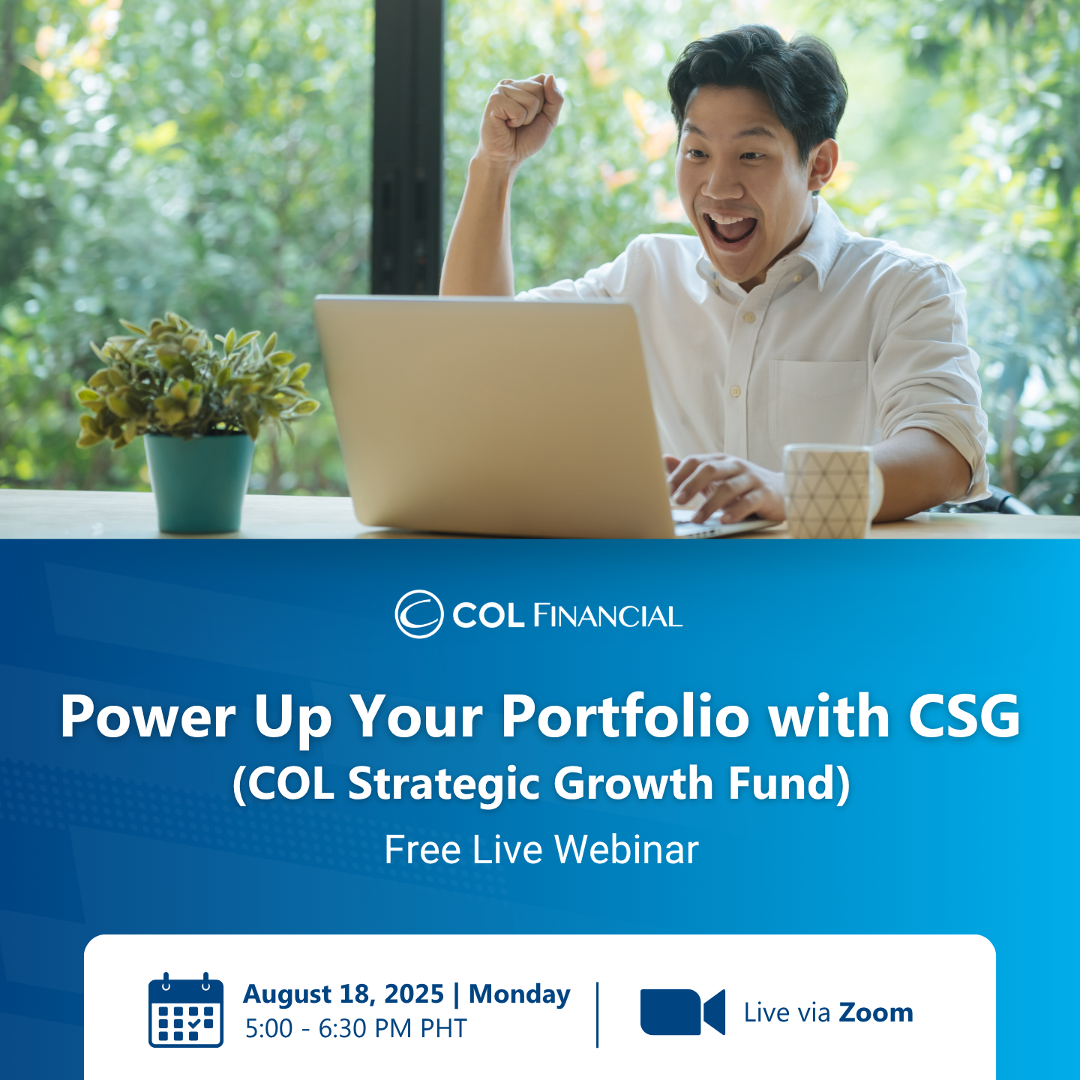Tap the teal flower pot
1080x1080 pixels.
point(199,481)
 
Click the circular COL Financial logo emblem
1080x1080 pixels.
point(419,614)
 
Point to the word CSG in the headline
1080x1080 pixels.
point(964,716)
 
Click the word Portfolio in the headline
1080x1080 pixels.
point(625,716)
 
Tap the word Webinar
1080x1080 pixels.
point(626,850)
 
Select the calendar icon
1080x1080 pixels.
point(186,1010)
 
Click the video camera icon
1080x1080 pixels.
point(682,1012)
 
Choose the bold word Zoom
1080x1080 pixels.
point(876,1012)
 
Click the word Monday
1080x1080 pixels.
point(520,994)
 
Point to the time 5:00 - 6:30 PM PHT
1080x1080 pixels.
point(356,1028)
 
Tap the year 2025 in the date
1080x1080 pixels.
point(414,994)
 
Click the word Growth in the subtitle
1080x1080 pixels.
point(634,784)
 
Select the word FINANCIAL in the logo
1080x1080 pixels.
point(607,616)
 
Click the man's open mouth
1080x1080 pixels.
point(731,228)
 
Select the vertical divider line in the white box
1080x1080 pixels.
point(598,1014)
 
